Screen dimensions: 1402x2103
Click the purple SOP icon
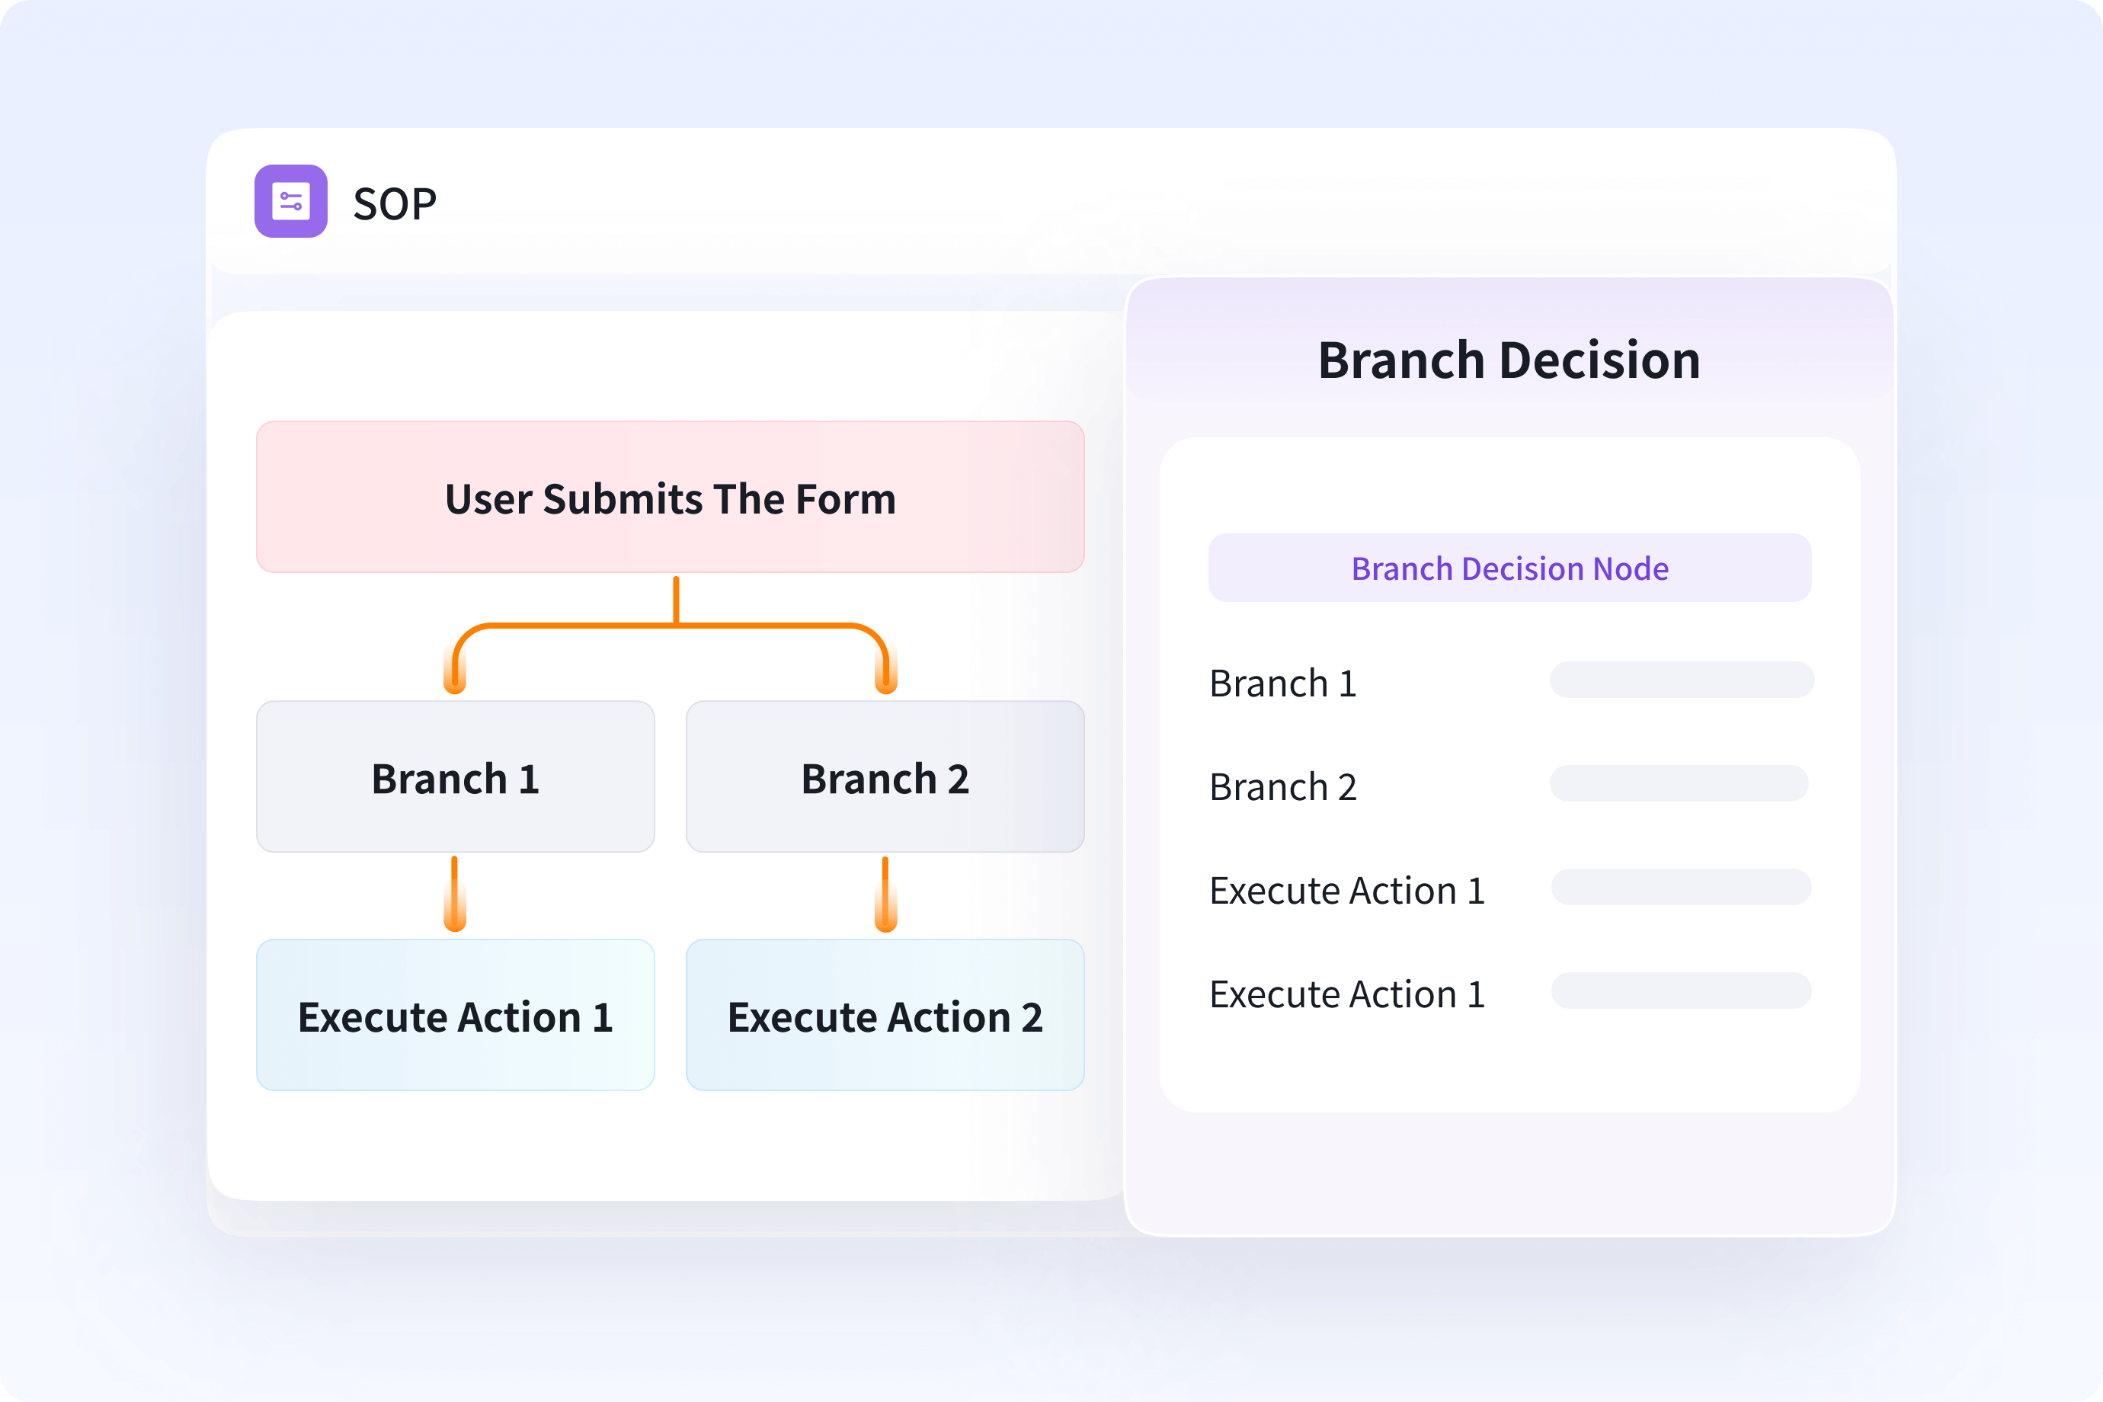290,201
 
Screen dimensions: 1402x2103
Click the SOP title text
395,204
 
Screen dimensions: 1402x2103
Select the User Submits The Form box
670,497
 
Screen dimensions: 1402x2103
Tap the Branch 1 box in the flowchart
455,777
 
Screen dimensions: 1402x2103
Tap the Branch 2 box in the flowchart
885,777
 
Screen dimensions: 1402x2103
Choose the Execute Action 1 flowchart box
455,1015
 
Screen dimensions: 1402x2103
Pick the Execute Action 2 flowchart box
885,1015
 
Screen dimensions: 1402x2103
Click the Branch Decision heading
1509,360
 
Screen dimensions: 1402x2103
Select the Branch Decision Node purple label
1509,568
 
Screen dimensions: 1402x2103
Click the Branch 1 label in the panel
1282,683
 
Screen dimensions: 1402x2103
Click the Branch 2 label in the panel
1282,787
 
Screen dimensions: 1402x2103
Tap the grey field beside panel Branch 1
1681,680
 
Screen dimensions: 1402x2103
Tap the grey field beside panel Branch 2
1679,783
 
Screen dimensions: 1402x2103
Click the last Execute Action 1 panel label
1346,994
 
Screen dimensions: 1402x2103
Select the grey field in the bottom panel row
1681,991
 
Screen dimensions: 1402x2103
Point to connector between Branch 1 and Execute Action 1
455,894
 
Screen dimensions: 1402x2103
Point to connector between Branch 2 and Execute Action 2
885,894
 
